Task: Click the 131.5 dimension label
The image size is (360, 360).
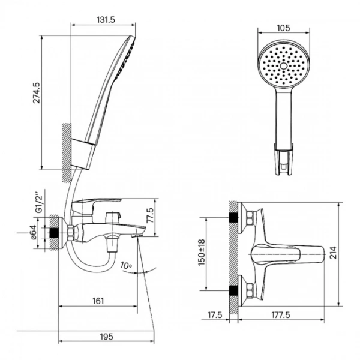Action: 106,20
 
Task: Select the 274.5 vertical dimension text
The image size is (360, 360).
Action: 37,93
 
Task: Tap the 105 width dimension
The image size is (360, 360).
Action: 283,28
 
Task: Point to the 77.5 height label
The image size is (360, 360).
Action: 151,215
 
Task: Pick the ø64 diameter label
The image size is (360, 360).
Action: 34,232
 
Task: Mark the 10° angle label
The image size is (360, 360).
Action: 126,266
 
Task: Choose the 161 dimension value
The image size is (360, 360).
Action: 98,301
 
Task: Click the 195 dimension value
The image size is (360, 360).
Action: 107,337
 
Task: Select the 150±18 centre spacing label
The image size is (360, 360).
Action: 202,253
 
